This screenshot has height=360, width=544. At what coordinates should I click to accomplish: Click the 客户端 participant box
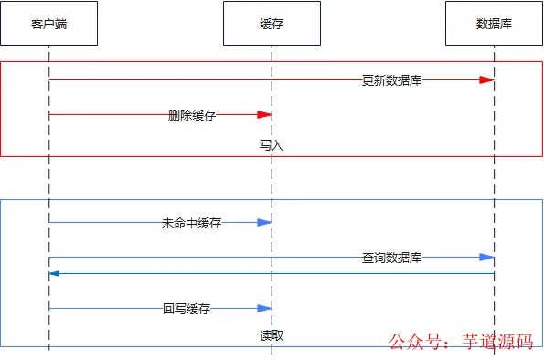coord(48,24)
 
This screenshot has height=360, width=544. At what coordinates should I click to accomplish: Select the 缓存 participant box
coord(272,24)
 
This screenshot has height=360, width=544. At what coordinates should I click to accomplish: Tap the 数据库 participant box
coord(494,24)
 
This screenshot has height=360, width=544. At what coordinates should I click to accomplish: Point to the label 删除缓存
coord(193,115)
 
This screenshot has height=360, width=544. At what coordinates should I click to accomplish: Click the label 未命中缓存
coord(191,223)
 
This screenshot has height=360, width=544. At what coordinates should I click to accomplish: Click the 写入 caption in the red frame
coord(272,145)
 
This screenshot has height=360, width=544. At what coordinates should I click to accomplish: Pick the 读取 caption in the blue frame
coord(272,335)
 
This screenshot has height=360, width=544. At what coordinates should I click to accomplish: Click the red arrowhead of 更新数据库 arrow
coord(487,80)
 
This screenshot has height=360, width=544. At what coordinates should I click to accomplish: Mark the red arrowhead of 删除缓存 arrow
coord(265,115)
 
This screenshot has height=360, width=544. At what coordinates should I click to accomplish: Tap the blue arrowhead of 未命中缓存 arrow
coord(265,223)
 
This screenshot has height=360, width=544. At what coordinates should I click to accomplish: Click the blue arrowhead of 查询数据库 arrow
coord(487,259)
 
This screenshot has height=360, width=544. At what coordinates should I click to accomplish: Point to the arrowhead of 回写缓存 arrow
coord(265,309)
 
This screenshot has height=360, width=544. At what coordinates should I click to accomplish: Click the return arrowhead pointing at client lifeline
coord(55,273)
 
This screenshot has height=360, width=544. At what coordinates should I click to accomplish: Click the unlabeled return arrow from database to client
coord(274,273)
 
